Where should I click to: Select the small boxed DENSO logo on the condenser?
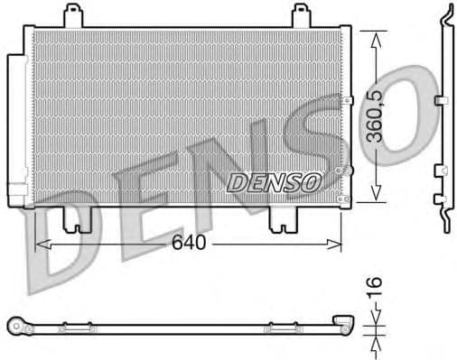click(x=274, y=181)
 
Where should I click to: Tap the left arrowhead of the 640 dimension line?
click(x=39, y=244)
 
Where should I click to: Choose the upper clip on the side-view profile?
click(x=440, y=99)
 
